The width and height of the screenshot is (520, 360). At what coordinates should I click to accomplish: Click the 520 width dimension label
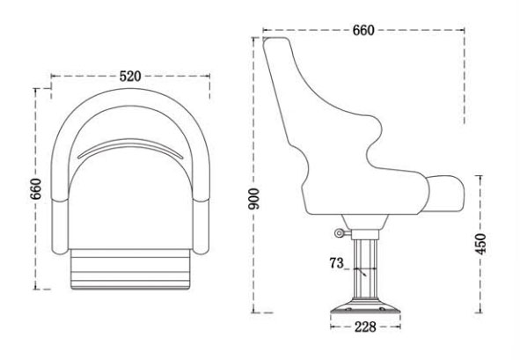click(130, 77)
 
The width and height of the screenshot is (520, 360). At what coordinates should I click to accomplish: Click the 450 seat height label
click(480, 242)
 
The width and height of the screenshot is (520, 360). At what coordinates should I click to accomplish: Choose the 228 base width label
click(364, 327)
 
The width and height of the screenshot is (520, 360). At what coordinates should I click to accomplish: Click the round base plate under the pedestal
click(364, 310)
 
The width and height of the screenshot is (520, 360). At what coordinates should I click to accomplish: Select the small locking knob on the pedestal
click(340, 232)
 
